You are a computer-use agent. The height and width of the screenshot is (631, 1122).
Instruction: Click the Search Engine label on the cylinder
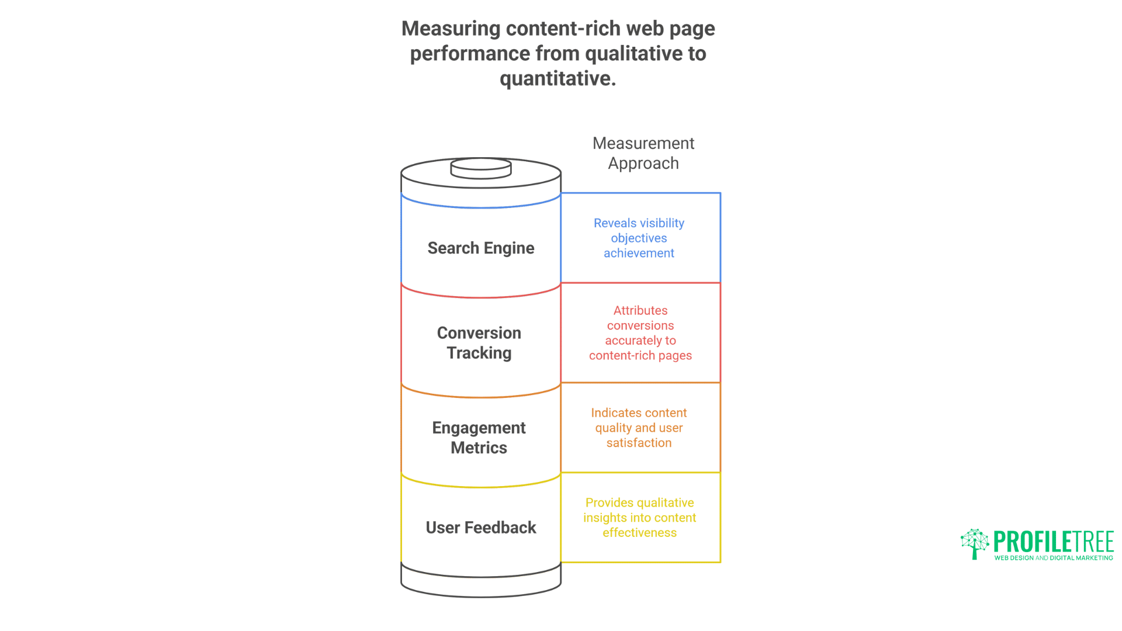(x=480, y=248)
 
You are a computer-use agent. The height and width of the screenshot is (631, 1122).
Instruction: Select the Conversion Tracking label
(x=479, y=343)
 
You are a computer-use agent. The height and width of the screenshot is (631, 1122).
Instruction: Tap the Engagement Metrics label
(x=479, y=438)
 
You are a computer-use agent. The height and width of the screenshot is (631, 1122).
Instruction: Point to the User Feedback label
(x=480, y=528)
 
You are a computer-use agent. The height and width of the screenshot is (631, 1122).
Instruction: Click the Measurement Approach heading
(x=643, y=153)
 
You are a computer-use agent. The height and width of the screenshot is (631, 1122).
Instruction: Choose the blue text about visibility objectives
(x=639, y=238)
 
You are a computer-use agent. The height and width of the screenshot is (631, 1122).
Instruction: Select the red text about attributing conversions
(x=640, y=333)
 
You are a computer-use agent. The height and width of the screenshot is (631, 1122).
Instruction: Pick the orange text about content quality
(x=639, y=428)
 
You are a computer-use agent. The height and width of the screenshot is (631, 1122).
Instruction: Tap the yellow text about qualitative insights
(x=639, y=518)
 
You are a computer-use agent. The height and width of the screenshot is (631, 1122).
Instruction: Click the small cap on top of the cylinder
(x=481, y=168)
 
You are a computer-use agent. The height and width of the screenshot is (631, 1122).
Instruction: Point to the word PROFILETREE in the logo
(x=1054, y=542)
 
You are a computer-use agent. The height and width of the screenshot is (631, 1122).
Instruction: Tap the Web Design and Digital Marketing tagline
(x=1054, y=558)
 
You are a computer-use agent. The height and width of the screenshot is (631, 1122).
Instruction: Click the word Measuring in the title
(x=451, y=29)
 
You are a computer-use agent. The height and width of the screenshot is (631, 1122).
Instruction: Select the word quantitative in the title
(x=557, y=78)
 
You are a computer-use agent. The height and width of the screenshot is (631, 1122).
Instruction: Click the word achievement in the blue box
(x=639, y=253)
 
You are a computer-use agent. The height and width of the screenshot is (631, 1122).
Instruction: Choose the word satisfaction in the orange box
(x=639, y=443)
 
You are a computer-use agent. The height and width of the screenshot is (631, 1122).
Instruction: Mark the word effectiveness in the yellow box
(x=639, y=533)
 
